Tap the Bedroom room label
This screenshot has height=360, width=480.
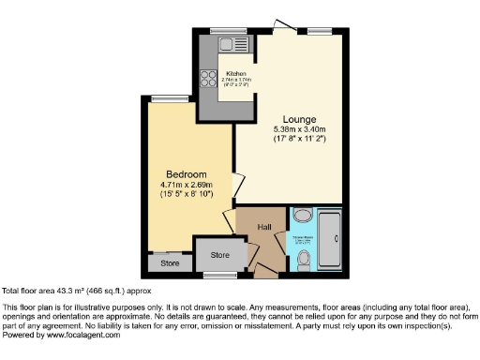(x=187, y=174)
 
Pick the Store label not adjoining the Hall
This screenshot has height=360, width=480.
(x=169, y=263)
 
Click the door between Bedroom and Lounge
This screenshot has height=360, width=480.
(x=237, y=186)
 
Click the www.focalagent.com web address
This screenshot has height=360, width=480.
(x=80, y=335)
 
